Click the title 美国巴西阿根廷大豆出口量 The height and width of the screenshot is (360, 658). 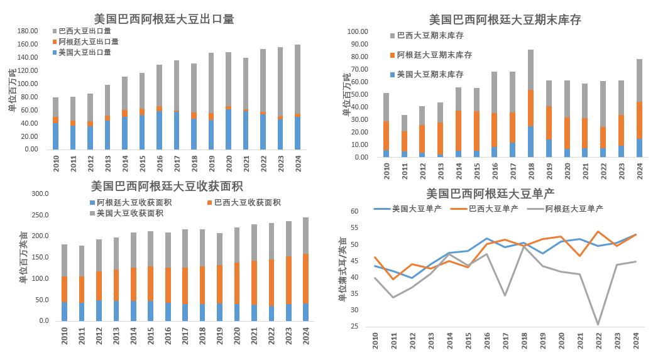click(164, 19)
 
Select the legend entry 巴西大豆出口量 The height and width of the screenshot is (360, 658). click(85, 31)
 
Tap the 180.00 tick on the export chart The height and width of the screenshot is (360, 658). click(28, 31)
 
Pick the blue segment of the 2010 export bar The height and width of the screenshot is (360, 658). click(56, 136)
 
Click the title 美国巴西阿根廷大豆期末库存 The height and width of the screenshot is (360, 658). click(505, 20)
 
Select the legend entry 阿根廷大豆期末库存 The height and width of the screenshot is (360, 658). click(434, 55)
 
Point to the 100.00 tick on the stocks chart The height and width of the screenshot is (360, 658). click(358, 31)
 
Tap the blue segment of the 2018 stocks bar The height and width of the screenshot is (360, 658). click(531, 142)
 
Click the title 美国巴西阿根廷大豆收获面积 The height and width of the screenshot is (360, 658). click(167, 187)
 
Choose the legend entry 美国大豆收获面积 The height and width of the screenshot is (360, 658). click(129, 214)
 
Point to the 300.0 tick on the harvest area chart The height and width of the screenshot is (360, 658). click(40, 194)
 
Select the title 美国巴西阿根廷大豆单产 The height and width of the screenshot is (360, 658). click(490, 194)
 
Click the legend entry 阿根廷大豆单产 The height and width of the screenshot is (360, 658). click(573, 209)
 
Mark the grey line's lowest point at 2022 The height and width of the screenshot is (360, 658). click(598, 324)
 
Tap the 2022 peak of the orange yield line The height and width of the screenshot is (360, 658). click(598, 232)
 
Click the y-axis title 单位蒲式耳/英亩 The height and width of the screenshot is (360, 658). click(343, 269)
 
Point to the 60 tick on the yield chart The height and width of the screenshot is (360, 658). click(354, 211)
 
